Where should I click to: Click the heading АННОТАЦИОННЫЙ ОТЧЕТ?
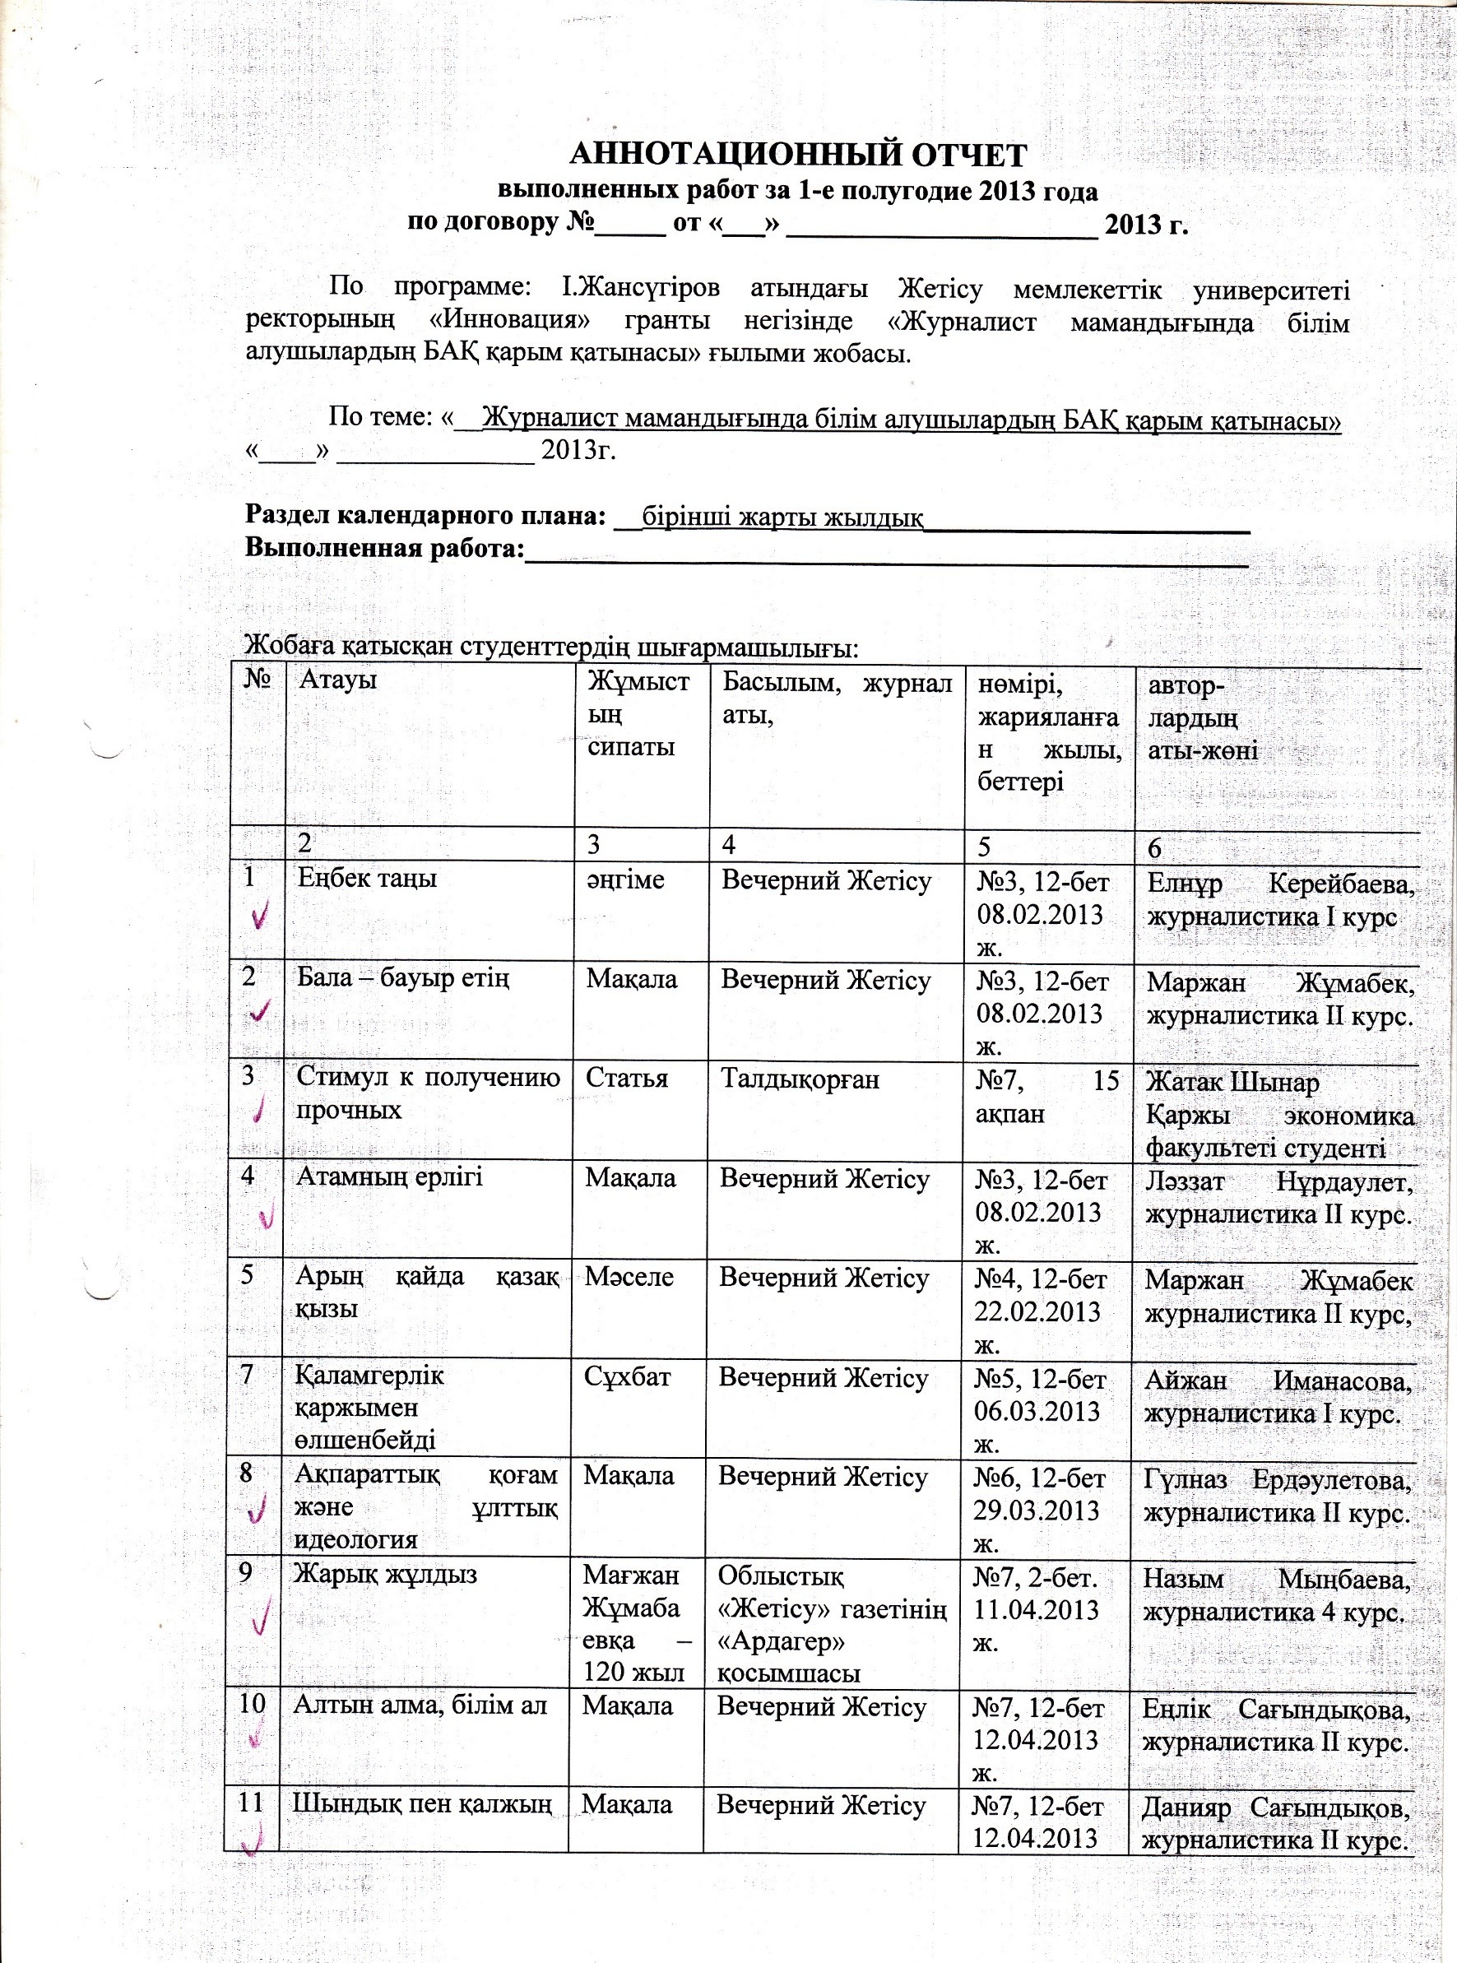pos(798,155)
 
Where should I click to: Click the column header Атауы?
pos(338,679)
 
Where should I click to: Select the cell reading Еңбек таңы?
pos(367,879)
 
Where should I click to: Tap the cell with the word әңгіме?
pos(625,879)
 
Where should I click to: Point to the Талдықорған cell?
pos(800,1080)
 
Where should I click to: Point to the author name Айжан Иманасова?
pos(1277,1380)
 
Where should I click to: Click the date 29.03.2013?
pos(1037,1510)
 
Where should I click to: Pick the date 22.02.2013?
pos(1038,1311)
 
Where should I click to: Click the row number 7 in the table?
pos(248,1374)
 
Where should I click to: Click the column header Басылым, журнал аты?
pos(836,697)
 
